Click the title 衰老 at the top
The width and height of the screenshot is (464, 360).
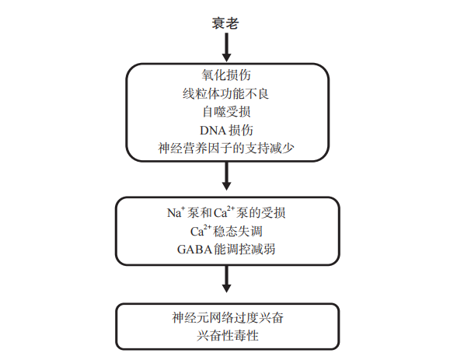(225, 23)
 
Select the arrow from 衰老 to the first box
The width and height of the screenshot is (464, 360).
(227, 47)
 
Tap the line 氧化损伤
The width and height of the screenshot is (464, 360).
(226, 75)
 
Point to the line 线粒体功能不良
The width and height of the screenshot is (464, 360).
(226, 93)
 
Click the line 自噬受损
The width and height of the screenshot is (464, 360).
(226, 112)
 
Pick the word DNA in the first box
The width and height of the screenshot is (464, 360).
(212, 131)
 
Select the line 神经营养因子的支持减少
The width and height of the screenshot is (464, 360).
(226, 149)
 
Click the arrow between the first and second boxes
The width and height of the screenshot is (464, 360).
(227, 177)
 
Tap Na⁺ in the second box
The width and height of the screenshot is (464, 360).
(176, 212)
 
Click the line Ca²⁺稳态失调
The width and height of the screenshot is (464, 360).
(226, 231)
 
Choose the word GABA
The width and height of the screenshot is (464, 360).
(194, 250)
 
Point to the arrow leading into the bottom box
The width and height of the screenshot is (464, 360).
(227, 279)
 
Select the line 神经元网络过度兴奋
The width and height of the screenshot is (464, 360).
(228, 318)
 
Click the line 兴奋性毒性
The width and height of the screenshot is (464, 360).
(228, 335)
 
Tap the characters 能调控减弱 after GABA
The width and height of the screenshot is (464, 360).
(244, 250)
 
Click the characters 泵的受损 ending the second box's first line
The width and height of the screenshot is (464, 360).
(260, 213)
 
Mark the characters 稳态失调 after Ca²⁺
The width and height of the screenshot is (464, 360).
(238, 231)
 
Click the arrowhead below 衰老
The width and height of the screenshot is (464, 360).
(227, 58)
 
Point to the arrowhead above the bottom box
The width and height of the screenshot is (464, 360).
(227, 288)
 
